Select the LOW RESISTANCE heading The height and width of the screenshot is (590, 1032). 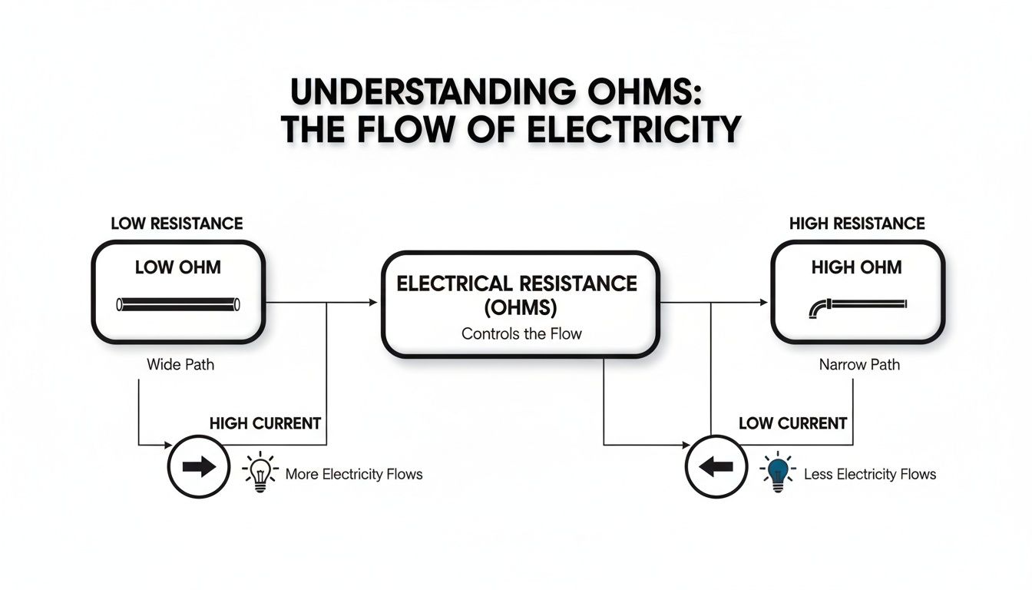(x=177, y=224)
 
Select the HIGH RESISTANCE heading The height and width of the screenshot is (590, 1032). (x=857, y=224)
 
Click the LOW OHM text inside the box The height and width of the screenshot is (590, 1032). (x=177, y=267)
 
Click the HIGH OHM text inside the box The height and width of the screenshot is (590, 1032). (x=857, y=267)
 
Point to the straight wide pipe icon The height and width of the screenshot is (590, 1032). (x=177, y=305)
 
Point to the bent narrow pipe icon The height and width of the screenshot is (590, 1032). (x=857, y=306)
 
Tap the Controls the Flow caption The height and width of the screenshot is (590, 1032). (x=521, y=334)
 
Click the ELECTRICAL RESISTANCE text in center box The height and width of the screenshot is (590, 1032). (x=517, y=283)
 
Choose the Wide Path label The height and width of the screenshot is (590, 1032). (x=180, y=364)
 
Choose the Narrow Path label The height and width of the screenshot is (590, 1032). (x=859, y=364)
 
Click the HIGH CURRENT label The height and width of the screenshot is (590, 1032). (x=265, y=423)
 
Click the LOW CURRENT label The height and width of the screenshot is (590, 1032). (x=792, y=423)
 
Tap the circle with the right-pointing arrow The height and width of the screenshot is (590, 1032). (x=198, y=468)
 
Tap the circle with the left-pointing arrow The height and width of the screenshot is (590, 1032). (x=716, y=468)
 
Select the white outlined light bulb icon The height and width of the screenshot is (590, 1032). (x=260, y=471)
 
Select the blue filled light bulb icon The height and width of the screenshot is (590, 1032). (x=778, y=471)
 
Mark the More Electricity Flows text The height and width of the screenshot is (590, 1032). (x=354, y=474)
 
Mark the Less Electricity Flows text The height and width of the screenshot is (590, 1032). (x=870, y=474)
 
